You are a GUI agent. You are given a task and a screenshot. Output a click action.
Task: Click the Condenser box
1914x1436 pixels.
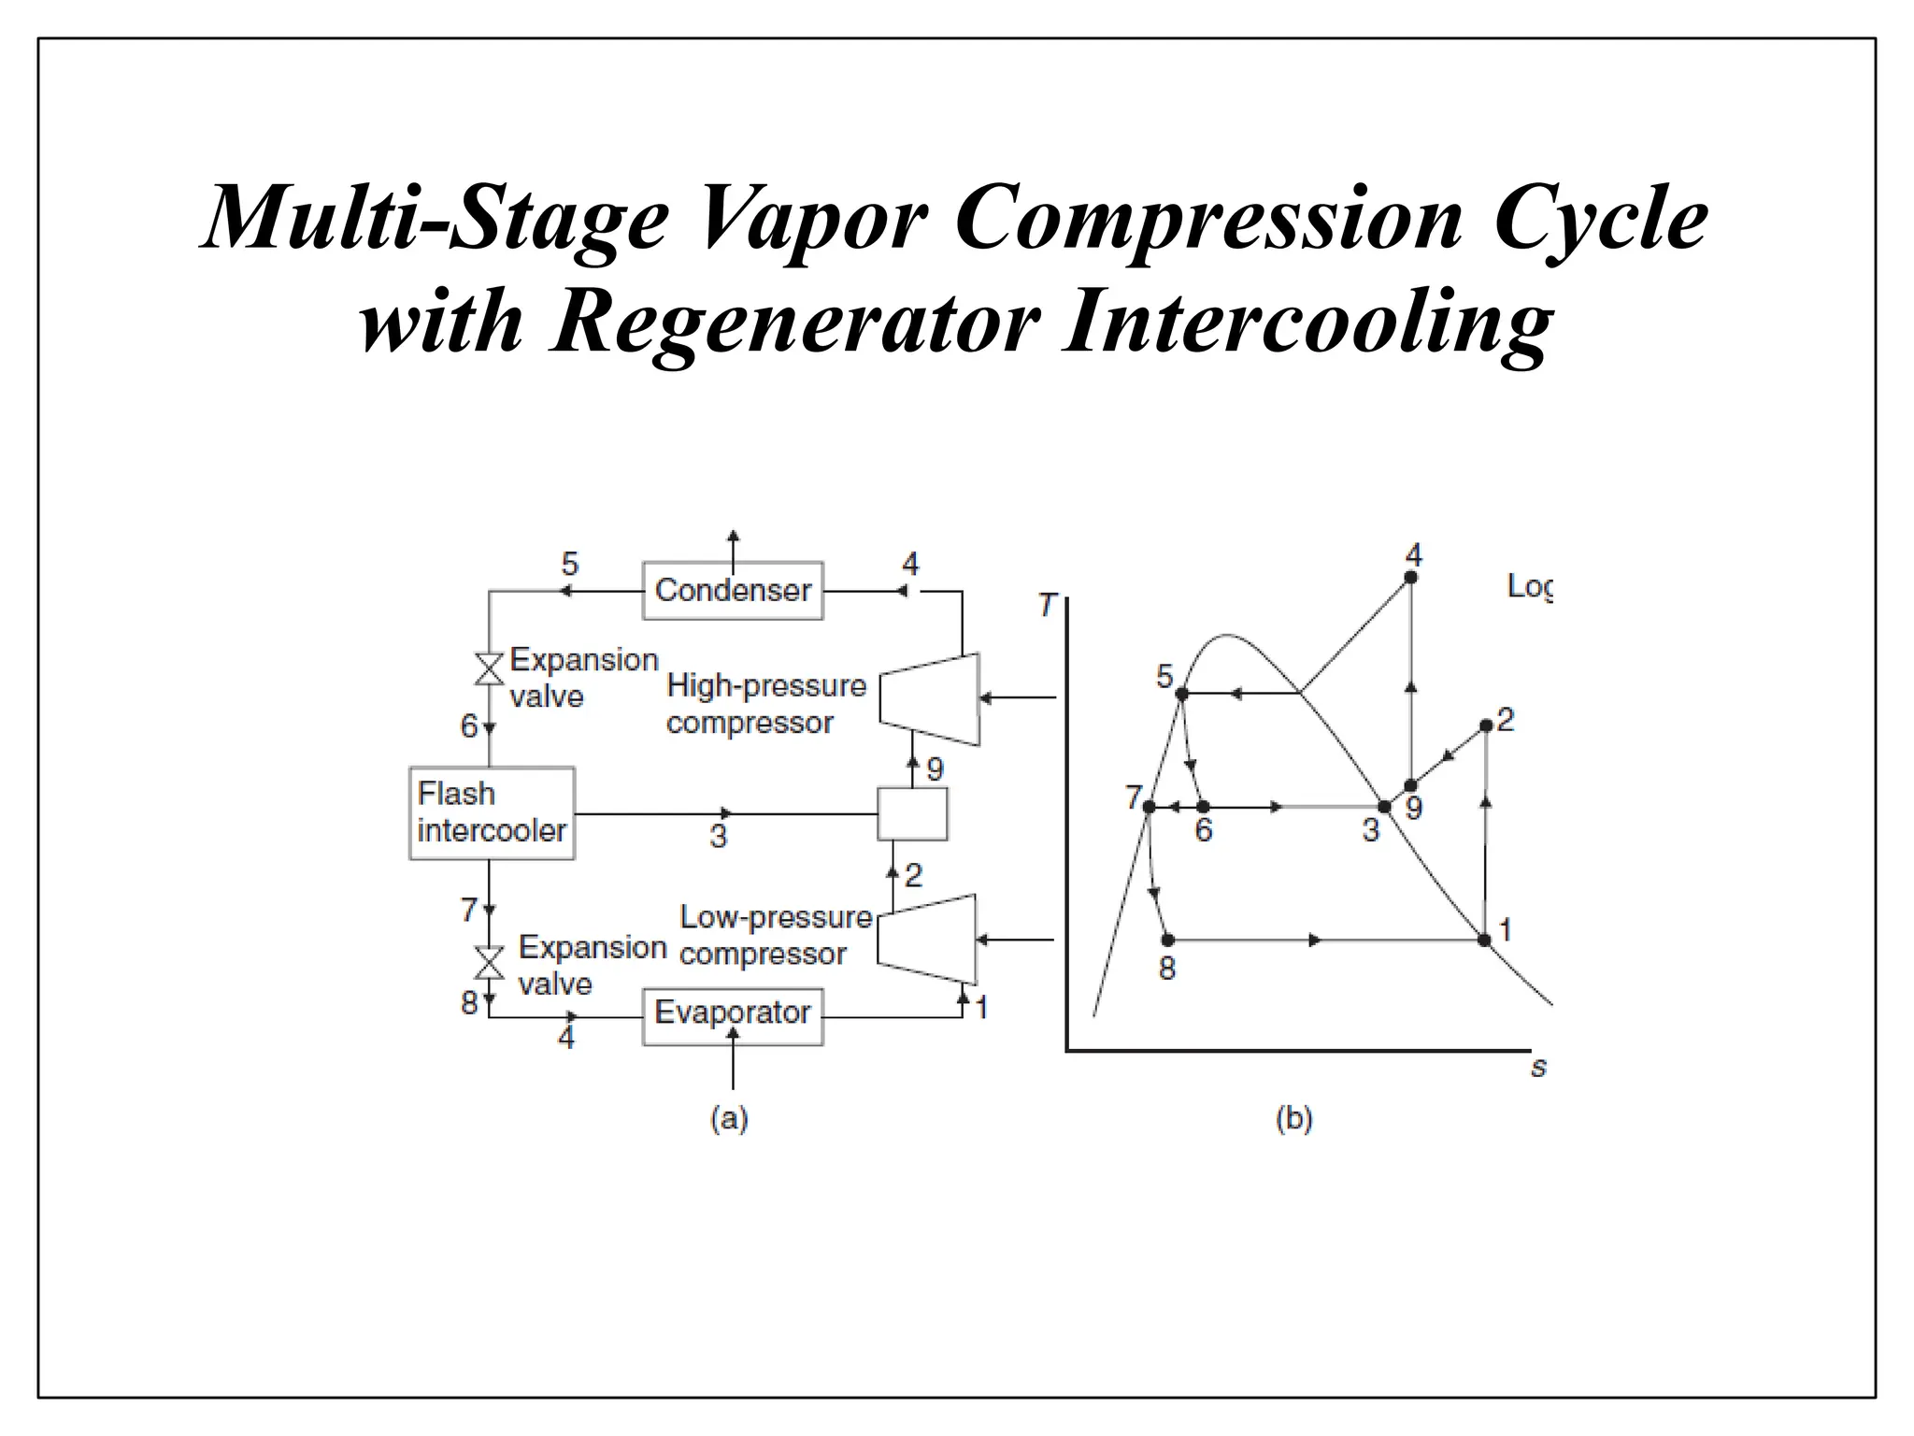[733, 591]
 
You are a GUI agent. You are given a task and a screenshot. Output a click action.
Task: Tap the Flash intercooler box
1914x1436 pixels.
[492, 813]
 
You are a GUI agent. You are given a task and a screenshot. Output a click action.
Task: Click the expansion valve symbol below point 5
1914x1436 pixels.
[489, 668]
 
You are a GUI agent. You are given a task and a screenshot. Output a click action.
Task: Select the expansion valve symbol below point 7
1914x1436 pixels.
[489, 962]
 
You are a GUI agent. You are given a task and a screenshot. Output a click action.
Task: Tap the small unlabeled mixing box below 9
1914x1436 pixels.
[912, 813]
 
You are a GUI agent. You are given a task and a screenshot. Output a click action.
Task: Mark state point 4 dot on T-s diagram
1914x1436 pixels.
[1411, 578]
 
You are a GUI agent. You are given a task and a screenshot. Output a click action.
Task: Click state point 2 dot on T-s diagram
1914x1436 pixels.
[1486, 725]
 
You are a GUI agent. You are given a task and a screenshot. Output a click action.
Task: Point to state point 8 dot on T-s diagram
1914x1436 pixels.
[1167, 940]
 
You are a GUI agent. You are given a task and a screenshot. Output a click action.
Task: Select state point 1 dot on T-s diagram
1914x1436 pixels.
[1484, 940]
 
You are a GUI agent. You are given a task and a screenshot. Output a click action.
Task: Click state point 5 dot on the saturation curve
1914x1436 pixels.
[1181, 694]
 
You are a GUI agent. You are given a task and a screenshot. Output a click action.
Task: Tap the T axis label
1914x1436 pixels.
[1047, 605]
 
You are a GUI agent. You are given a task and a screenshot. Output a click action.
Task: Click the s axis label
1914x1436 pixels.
[1538, 1067]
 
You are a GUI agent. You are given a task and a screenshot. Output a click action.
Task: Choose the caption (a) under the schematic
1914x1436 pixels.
[729, 1118]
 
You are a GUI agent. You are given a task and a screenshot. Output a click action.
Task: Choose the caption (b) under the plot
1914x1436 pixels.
[1293, 1118]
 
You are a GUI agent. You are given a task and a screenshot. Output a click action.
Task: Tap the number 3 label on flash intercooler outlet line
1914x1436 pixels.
[718, 836]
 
